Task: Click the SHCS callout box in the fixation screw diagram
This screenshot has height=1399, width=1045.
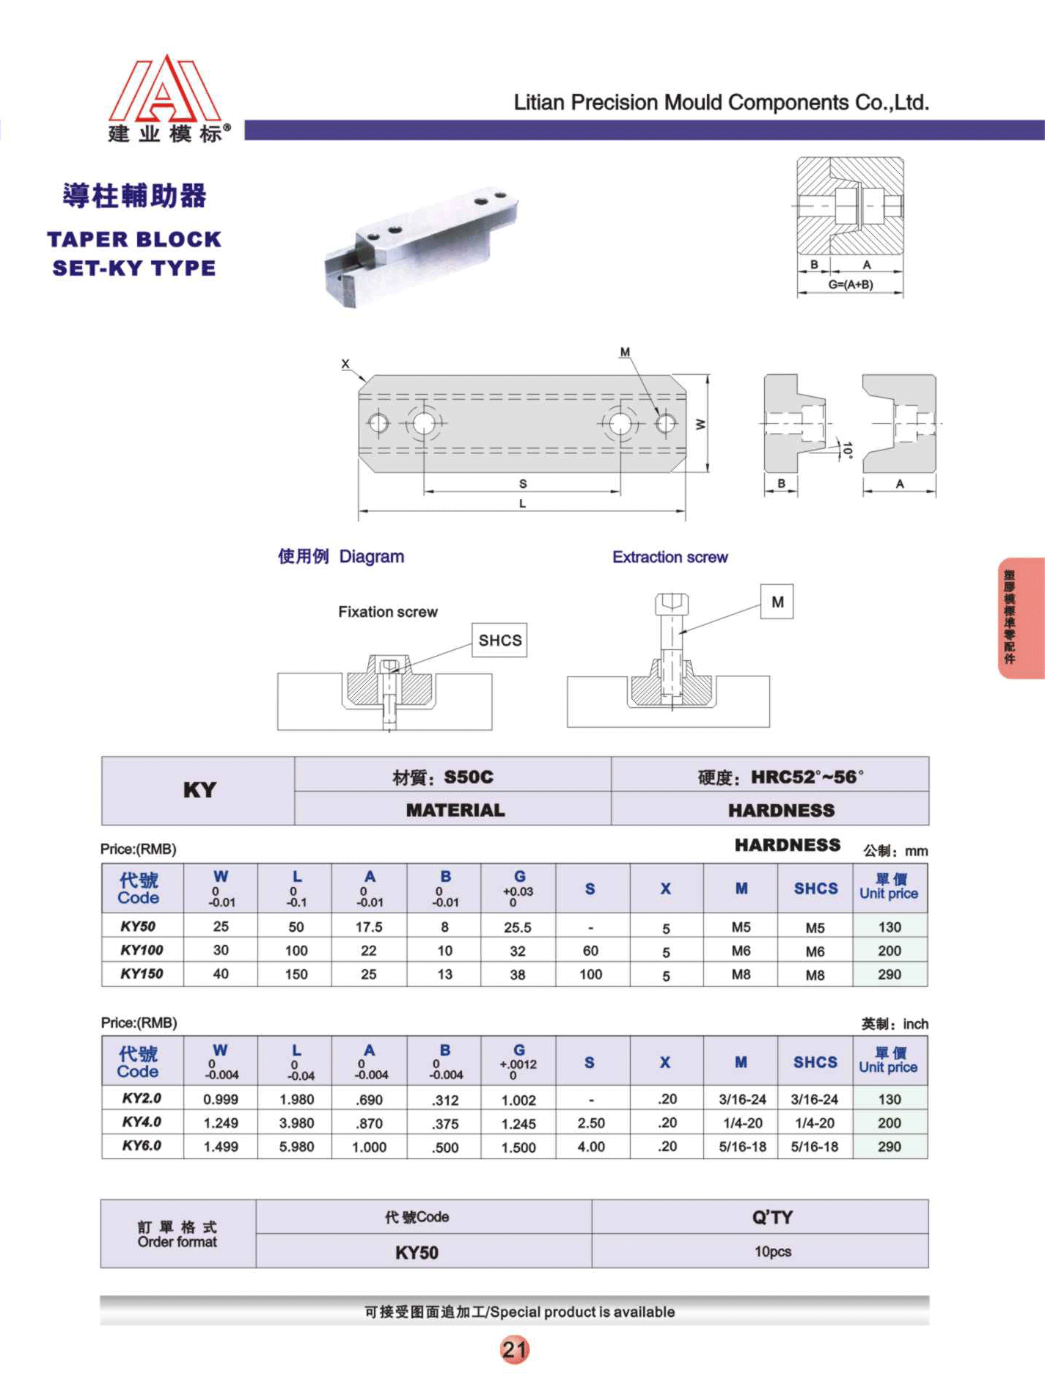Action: click(x=499, y=640)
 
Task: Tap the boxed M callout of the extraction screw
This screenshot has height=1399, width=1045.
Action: click(x=777, y=602)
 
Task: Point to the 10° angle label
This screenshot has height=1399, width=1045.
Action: click(x=848, y=450)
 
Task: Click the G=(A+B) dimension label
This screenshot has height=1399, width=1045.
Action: click(x=851, y=284)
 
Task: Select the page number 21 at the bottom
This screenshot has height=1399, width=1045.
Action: click(x=514, y=1348)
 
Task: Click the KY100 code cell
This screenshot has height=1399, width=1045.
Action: click(x=142, y=950)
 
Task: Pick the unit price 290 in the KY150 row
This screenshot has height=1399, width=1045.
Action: click(x=890, y=974)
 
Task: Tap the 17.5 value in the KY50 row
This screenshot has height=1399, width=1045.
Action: click(x=369, y=927)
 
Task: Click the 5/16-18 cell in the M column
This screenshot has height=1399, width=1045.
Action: click(x=742, y=1146)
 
